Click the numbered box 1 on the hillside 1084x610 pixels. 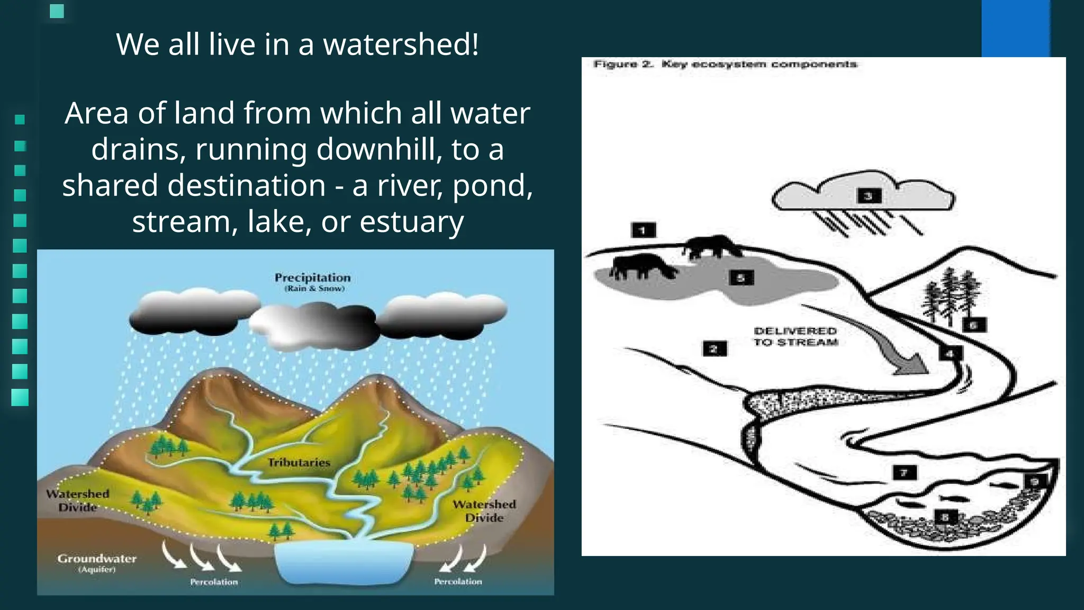click(x=643, y=230)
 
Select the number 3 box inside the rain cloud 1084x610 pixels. click(x=869, y=196)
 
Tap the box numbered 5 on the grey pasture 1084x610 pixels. click(x=741, y=277)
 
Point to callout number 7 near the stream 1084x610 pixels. click(x=904, y=472)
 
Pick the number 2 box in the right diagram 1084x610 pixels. click(x=714, y=348)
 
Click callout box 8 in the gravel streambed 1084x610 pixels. click(x=945, y=517)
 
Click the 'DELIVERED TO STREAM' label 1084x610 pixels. click(x=796, y=337)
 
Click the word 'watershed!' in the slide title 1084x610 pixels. click(x=401, y=44)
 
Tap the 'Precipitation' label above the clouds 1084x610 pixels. click(x=312, y=278)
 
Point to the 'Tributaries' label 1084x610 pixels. click(x=299, y=463)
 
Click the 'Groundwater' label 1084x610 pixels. click(x=97, y=559)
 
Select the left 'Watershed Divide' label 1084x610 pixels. click(x=78, y=500)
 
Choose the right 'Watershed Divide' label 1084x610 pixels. click(x=484, y=511)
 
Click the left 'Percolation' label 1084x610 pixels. click(x=214, y=582)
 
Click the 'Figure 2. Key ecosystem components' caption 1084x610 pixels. click(x=725, y=65)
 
